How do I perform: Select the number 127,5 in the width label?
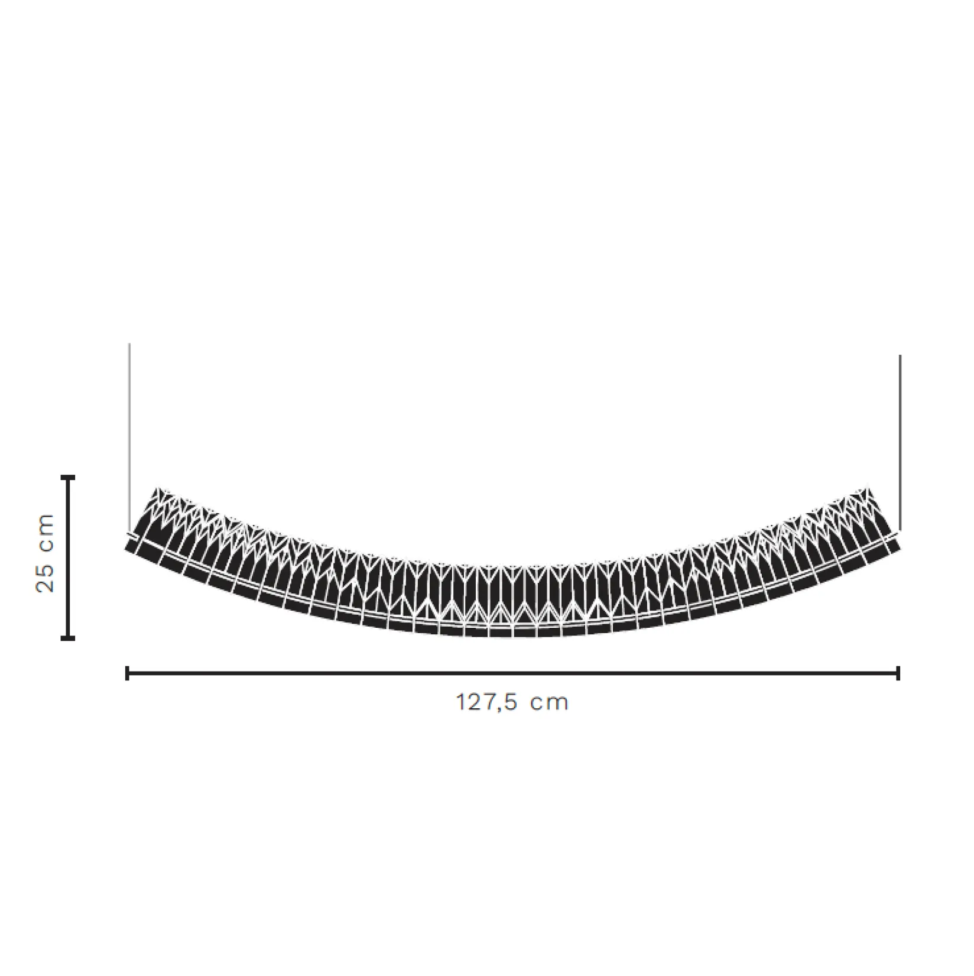487,702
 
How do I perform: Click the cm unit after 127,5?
549,703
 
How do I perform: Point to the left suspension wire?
129,436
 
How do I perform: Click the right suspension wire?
900,443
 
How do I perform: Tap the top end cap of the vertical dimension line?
69,476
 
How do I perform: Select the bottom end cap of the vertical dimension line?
69,638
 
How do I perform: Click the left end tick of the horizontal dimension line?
127,673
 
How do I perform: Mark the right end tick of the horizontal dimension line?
898,673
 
